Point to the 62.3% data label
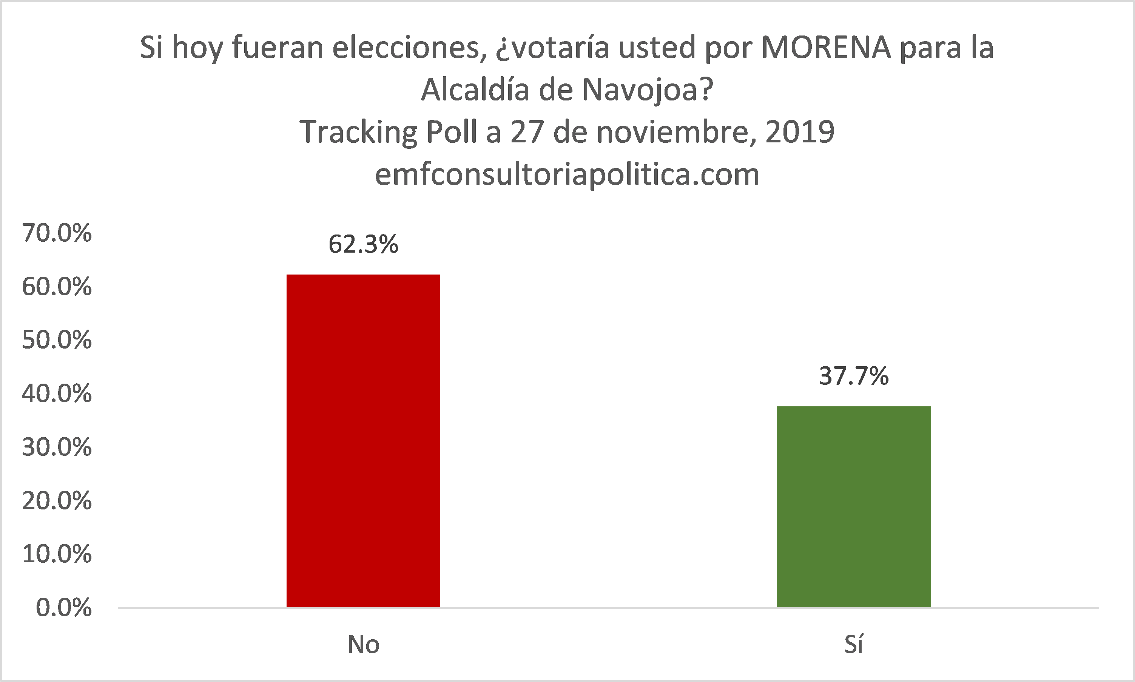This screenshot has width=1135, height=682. (363, 244)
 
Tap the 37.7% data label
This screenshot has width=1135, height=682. (854, 376)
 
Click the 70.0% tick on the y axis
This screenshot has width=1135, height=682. (57, 233)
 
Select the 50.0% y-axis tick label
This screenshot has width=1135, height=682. (57, 340)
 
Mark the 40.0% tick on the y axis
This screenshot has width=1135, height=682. (57, 394)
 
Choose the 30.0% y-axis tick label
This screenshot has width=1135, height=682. (57, 447)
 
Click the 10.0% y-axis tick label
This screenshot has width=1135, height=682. (57, 554)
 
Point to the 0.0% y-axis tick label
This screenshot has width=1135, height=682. (63, 608)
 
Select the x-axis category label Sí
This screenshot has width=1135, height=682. (853, 644)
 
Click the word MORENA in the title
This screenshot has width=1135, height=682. (826, 47)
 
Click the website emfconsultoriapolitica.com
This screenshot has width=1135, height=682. (567, 174)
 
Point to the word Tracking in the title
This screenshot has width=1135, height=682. (358, 132)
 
